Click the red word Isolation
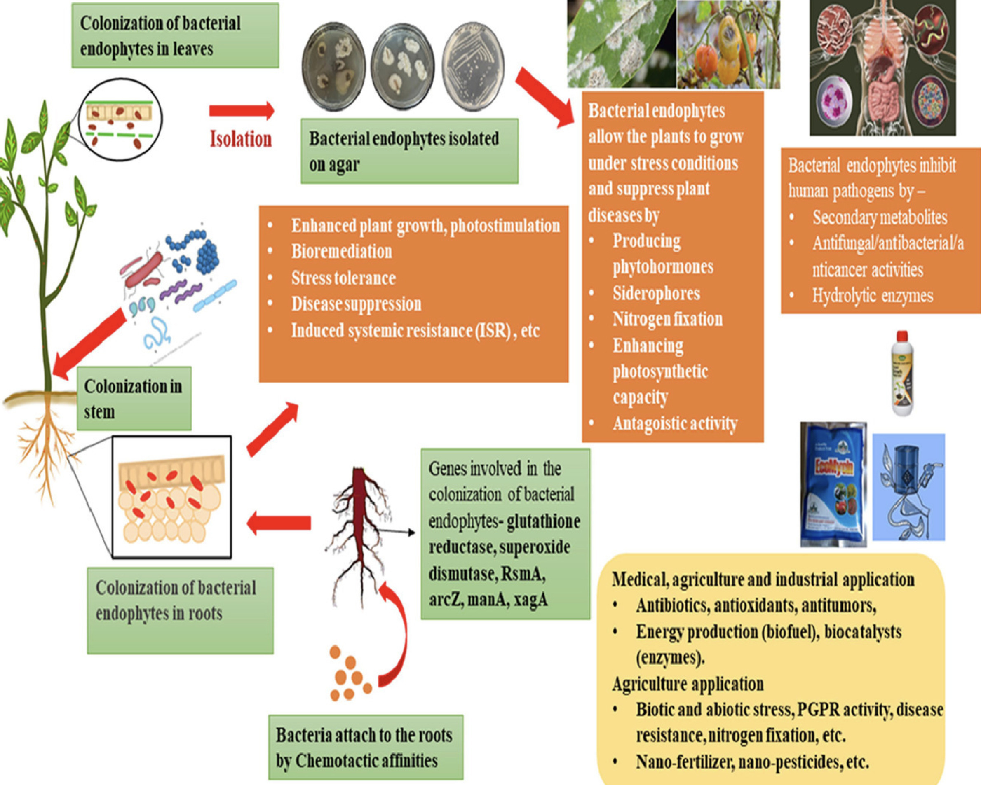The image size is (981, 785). pos(241,139)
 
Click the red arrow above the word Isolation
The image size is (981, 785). pos(242,110)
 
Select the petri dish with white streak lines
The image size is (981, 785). pos(473,67)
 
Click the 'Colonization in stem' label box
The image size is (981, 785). pos(134,399)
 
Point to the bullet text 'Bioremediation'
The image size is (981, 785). pos(341,251)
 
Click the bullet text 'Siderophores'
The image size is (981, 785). pos(656,293)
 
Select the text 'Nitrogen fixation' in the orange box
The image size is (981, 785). pos(667,319)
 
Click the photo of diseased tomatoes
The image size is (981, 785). pos(728,44)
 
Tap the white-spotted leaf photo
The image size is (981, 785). pos(621,44)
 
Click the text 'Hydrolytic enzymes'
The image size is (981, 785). pos(872,296)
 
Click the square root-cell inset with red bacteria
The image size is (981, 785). pos(171,497)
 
